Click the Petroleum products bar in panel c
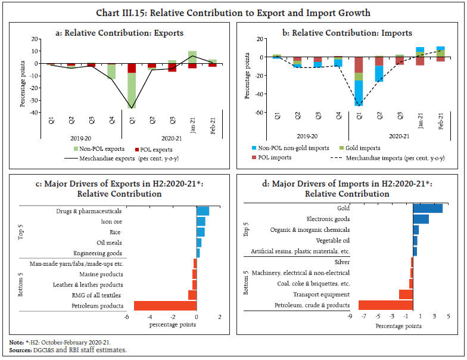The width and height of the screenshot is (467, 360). (x=165, y=306)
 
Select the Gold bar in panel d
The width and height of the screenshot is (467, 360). (x=428, y=209)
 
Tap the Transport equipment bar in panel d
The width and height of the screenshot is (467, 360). (x=406, y=294)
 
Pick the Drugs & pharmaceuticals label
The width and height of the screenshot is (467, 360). (x=89, y=210)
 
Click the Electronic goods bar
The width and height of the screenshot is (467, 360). (x=421, y=219)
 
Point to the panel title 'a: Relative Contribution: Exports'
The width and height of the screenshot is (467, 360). (x=123, y=33)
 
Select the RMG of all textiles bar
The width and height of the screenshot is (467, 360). (x=192, y=295)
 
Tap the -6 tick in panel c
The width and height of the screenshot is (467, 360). (x=126, y=317)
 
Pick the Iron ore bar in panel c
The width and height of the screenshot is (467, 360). (x=201, y=221)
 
